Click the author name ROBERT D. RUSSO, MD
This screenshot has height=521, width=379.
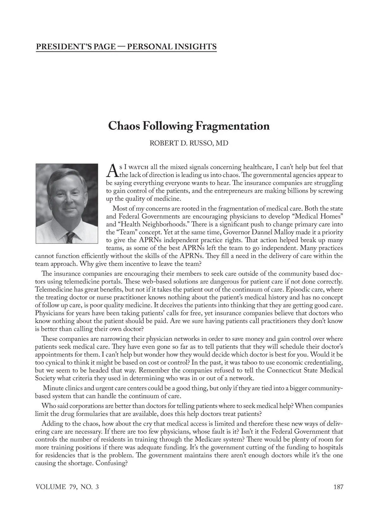point(189,143)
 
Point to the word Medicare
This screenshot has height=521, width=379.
point(209,440)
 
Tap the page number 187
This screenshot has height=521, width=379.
point(338,487)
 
